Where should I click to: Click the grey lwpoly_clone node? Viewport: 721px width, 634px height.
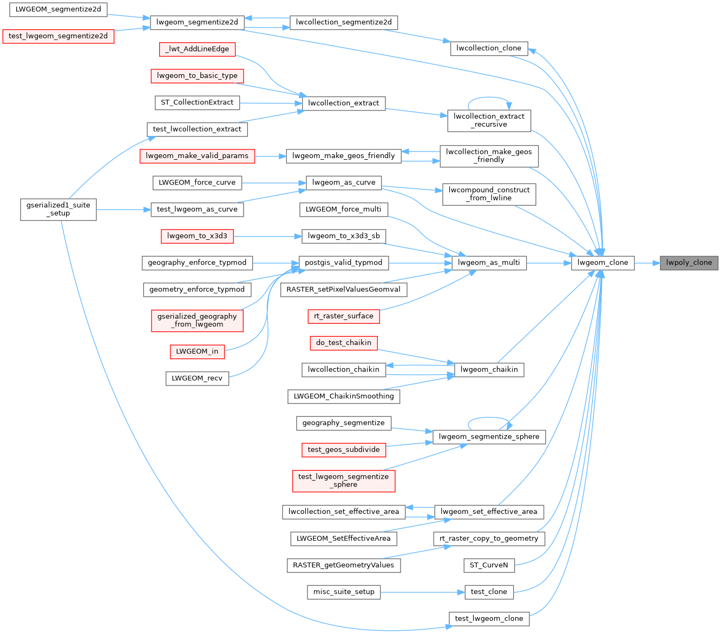tap(689, 263)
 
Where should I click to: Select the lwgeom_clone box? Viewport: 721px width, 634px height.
tap(602, 263)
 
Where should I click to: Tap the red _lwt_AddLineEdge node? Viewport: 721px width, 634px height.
tap(197, 49)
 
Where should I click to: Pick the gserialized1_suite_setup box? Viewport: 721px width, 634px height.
tap(58, 210)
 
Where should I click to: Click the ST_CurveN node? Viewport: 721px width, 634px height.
tap(489, 565)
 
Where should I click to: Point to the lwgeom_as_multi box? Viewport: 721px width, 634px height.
tap(489, 263)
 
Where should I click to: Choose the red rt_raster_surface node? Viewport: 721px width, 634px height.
tap(344, 316)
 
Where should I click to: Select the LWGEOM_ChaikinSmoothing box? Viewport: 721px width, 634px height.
tap(344, 396)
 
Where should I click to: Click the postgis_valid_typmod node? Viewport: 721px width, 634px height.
tap(344, 263)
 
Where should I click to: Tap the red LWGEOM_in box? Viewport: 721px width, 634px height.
tap(197, 351)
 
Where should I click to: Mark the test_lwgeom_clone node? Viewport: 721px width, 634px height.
tap(489, 618)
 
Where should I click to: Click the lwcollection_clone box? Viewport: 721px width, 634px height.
tap(489, 48)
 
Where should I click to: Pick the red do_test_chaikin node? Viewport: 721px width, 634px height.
tap(344, 343)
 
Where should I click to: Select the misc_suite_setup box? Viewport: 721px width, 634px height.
tap(344, 592)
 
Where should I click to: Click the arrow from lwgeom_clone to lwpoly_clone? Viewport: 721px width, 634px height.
tap(647, 263)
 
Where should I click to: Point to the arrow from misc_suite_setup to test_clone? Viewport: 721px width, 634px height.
tap(422, 592)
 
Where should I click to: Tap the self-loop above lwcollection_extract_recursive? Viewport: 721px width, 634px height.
tap(489, 97)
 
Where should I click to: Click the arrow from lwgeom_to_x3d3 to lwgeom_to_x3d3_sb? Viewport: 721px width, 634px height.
tap(267, 237)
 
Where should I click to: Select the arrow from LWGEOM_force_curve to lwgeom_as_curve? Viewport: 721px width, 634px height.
tap(274, 183)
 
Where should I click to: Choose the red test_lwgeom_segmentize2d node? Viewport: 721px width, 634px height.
tap(58, 36)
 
